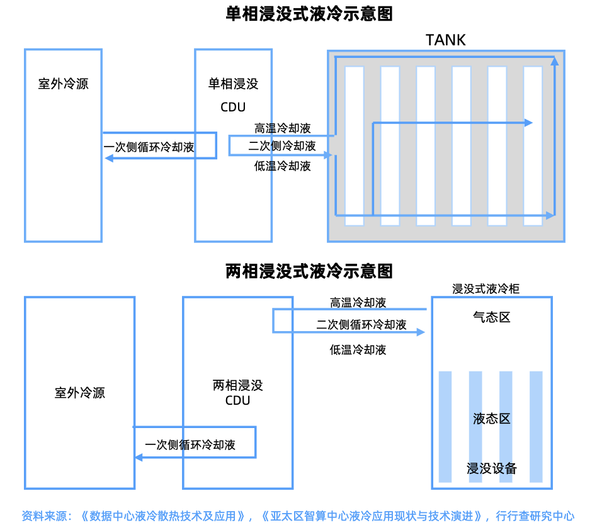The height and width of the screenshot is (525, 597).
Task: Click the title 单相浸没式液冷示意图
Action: click(x=309, y=14)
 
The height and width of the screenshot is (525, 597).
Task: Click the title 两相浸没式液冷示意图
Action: click(x=309, y=271)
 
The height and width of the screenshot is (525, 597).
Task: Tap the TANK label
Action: click(x=446, y=40)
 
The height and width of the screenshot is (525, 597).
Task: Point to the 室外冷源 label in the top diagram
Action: click(x=63, y=84)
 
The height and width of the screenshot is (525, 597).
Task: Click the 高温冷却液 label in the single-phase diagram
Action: click(x=283, y=128)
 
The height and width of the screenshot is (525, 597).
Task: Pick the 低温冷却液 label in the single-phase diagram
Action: click(x=283, y=166)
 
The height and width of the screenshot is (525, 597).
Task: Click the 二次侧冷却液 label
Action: click(x=282, y=146)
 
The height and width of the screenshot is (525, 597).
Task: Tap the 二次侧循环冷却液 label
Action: click(x=361, y=325)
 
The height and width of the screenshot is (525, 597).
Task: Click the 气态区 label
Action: click(x=491, y=317)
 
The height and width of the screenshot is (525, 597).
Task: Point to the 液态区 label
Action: click(x=491, y=419)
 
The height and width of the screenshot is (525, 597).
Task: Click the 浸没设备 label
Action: click(x=491, y=468)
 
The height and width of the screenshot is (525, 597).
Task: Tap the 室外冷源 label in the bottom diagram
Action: click(x=80, y=393)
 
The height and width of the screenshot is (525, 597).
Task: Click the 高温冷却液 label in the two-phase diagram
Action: click(x=358, y=303)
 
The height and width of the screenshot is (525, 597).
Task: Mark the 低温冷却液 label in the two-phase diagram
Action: click(x=358, y=350)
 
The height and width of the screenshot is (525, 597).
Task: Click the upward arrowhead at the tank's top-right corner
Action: click(x=555, y=60)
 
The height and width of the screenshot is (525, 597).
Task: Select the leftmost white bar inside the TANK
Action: click(x=354, y=145)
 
